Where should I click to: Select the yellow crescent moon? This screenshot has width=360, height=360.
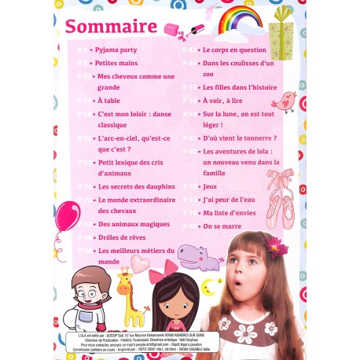(x=208, y=288)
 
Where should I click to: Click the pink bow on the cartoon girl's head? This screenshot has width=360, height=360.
(x=169, y=268)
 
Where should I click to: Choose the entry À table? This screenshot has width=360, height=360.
(x=108, y=101)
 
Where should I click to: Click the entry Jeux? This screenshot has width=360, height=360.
(x=209, y=186)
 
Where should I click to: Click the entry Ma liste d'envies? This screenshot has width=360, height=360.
(x=230, y=212)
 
